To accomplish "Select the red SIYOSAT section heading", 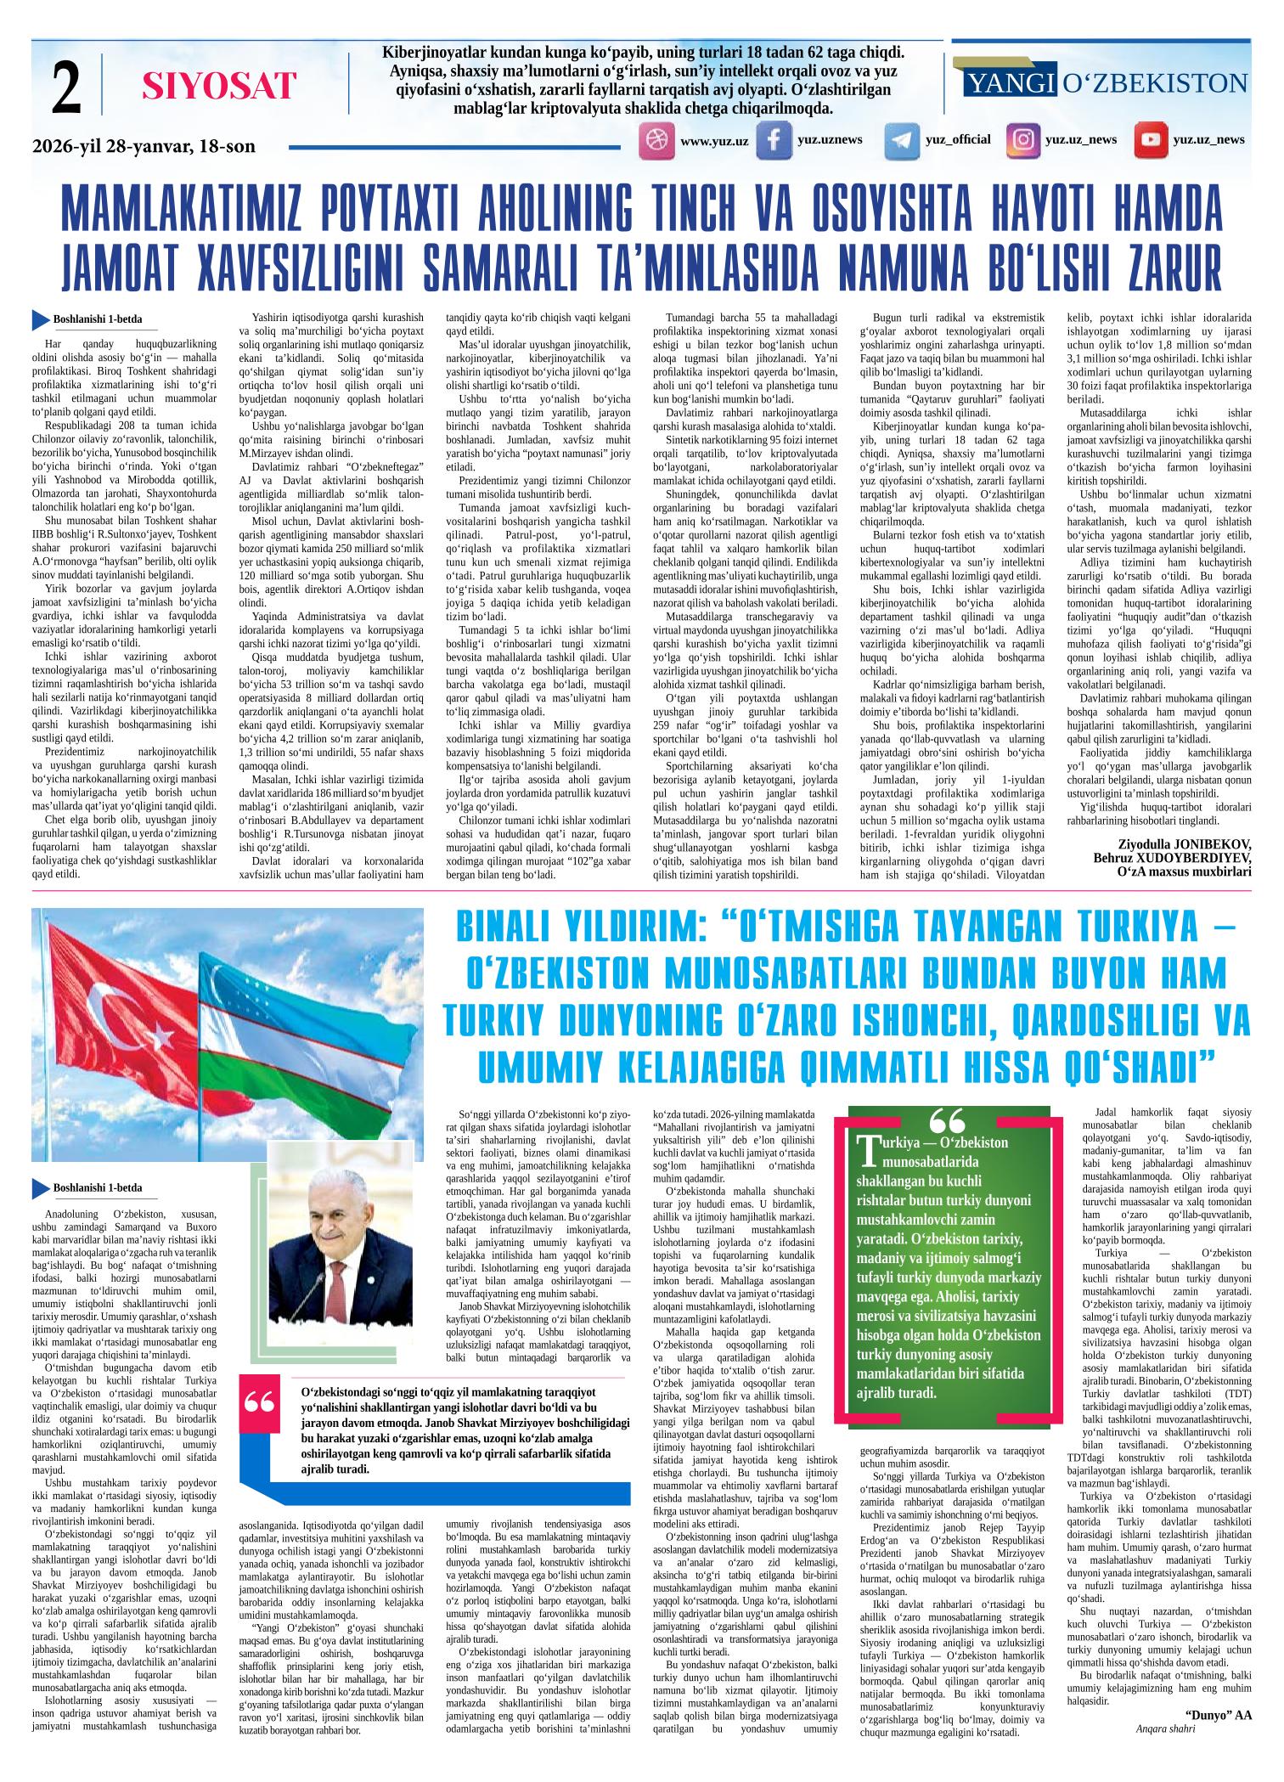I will tap(219, 87).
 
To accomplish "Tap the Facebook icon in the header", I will tap(774, 141).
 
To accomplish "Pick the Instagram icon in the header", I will tap(1023, 140).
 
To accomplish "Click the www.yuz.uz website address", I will tap(714, 141).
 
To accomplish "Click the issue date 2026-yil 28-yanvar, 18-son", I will tap(144, 146).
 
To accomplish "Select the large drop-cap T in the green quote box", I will tap(867, 1152).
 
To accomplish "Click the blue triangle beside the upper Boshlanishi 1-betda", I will tap(39, 321).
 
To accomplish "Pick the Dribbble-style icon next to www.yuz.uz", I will tap(655, 141).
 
